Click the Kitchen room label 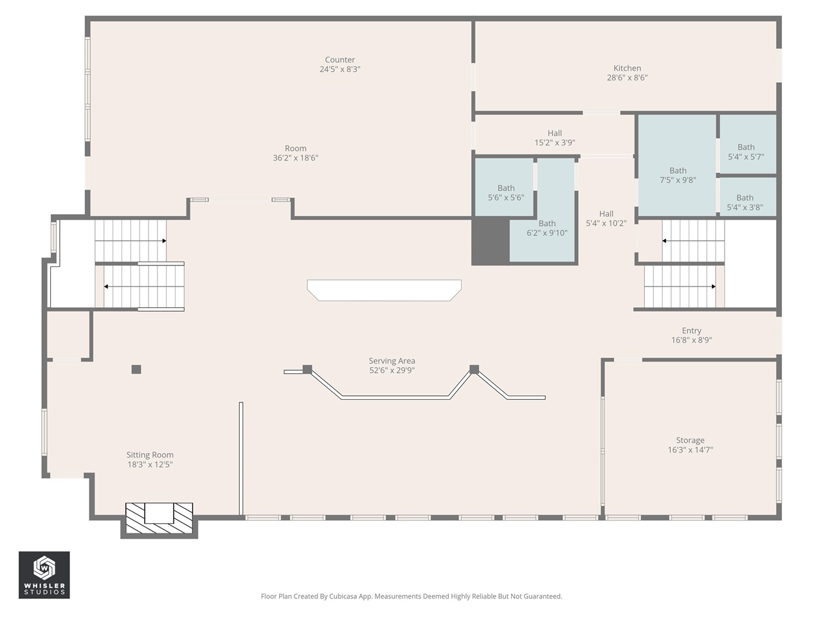(x=627, y=68)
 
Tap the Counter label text (x=339, y=60)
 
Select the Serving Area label (x=392, y=361)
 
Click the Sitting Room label (x=150, y=455)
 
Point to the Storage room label (x=690, y=441)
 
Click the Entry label (x=691, y=331)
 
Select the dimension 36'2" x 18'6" (x=295, y=158)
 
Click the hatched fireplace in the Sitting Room (x=159, y=518)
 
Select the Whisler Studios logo (x=44, y=575)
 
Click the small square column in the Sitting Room (x=136, y=370)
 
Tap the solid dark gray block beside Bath (x=491, y=241)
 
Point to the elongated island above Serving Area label (x=384, y=290)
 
